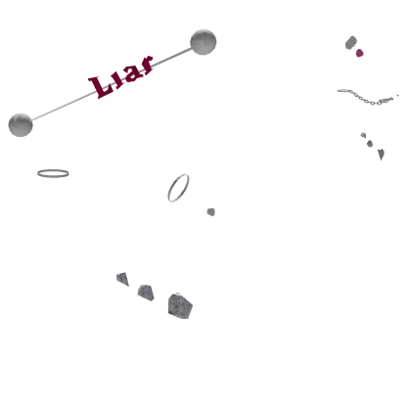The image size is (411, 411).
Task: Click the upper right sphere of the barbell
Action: pyautogui.click(x=204, y=42)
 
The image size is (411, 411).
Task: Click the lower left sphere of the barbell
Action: pyautogui.click(x=21, y=125)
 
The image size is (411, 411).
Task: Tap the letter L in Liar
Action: pyautogui.click(x=101, y=87)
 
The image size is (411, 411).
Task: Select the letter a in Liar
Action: pyautogui.click(x=133, y=73)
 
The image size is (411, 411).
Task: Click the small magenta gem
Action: pyautogui.click(x=359, y=53)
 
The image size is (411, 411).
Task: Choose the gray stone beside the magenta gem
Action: pyautogui.click(x=351, y=42)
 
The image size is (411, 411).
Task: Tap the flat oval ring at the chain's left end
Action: pyautogui.click(x=343, y=90)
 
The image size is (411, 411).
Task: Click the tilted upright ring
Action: pyautogui.click(x=172, y=186)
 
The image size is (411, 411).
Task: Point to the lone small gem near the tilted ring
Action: pyautogui.click(x=211, y=212)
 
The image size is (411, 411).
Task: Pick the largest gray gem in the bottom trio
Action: pyautogui.click(x=180, y=306)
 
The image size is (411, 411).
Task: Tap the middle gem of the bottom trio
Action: pyautogui.click(x=146, y=293)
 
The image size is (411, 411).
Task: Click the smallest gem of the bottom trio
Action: pyautogui.click(x=122, y=279)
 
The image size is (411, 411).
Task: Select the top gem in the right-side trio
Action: pyautogui.click(x=363, y=135)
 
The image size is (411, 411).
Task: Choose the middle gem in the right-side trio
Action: pyautogui.click(x=370, y=144)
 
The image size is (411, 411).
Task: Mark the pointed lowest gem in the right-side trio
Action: pyautogui.click(x=381, y=154)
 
